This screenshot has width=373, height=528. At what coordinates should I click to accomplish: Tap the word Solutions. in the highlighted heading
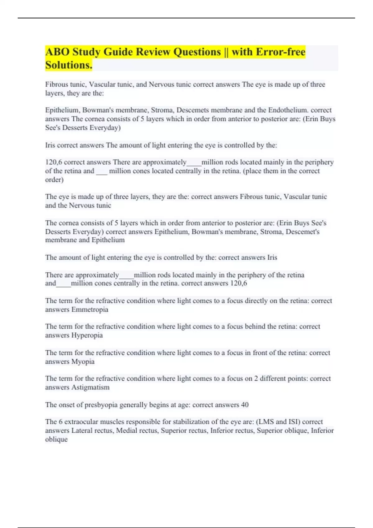69,65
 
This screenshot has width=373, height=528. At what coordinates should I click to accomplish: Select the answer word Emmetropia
90,310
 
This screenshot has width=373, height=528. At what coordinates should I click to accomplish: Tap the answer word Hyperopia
87,335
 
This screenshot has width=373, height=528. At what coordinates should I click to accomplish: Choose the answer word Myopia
83,362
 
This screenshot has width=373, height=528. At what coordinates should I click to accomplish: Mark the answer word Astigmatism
90,388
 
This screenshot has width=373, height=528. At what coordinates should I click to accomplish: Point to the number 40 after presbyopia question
245,405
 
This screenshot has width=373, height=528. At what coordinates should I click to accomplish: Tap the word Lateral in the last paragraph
81,431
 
